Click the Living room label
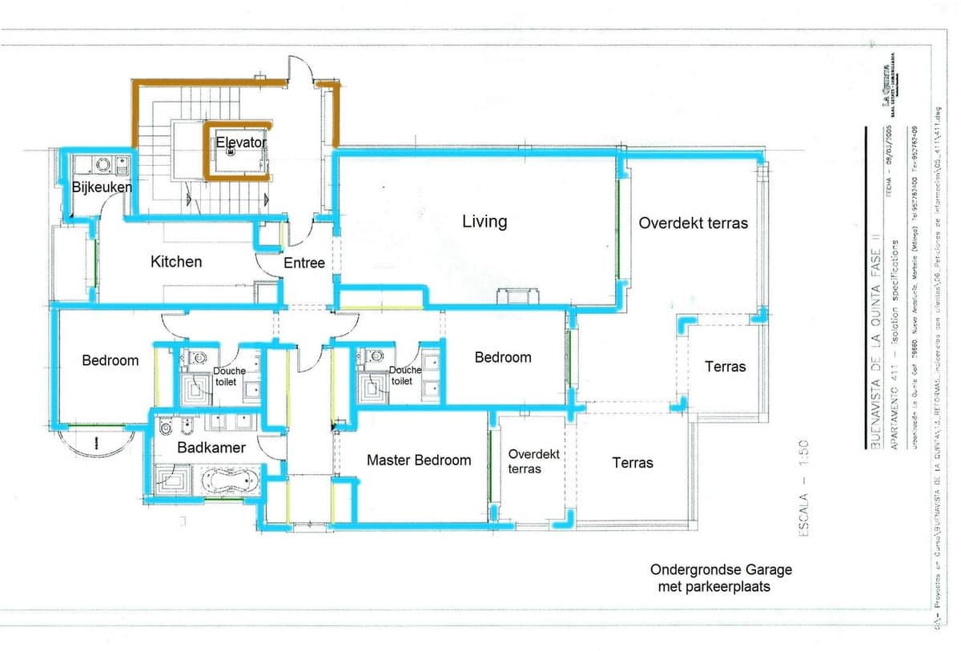coord(485,221)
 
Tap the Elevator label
coord(240,142)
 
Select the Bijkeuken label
coord(102,187)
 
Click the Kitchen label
coord(176,261)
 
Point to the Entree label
coord(304,263)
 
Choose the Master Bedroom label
coord(419,460)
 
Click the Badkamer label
coord(211,448)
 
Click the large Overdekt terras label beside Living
coord(693,223)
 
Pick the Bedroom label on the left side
coord(111,360)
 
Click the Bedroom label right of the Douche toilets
coord(503,357)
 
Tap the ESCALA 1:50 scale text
coord(803,488)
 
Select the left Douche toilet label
coord(230,376)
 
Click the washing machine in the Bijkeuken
coord(103,165)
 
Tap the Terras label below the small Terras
coord(633,462)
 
